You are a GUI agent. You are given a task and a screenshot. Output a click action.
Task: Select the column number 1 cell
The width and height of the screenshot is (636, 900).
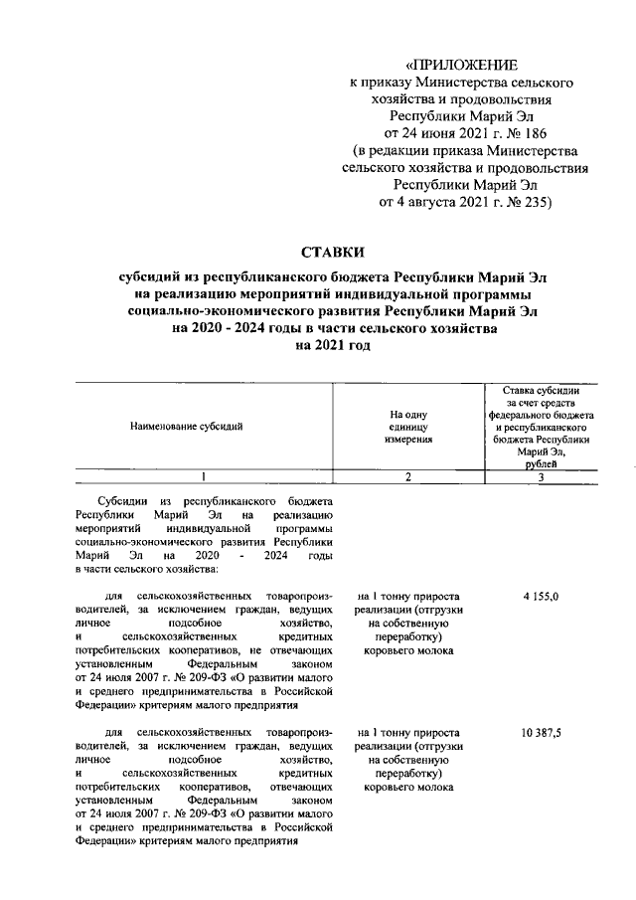[x=203, y=477]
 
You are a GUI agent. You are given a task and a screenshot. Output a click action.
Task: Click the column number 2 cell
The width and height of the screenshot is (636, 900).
[x=406, y=477]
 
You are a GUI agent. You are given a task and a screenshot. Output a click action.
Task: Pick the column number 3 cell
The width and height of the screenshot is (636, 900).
[x=540, y=477]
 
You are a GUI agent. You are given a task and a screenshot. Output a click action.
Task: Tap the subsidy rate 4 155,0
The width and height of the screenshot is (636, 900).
[x=540, y=595]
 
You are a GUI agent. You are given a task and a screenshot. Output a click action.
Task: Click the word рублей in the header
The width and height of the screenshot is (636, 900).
[x=541, y=462]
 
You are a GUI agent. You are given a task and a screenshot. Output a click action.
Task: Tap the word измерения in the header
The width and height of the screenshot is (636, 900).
[x=407, y=438]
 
